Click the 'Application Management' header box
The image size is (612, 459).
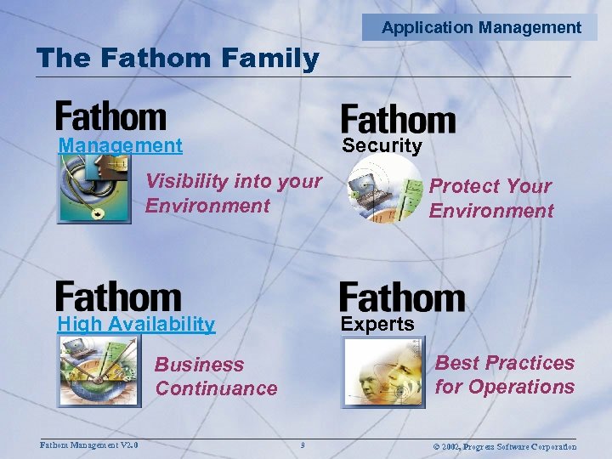pos(481,27)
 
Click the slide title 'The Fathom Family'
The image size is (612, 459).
pos(178,59)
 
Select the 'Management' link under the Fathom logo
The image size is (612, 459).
pos(120,145)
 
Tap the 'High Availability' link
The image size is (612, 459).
pos(136,324)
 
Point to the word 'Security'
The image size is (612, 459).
pos(382,145)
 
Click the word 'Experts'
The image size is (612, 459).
pos(377,324)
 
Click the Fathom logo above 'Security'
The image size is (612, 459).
pos(398,119)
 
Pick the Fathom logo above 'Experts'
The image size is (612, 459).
pos(401,297)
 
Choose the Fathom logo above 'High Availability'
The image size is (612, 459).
pos(118,296)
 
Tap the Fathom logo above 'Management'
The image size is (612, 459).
pos(110,116)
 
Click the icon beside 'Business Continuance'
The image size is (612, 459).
pos(97,371)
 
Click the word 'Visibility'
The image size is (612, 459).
pos(186,181)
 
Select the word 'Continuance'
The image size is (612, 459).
pos(216,388)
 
